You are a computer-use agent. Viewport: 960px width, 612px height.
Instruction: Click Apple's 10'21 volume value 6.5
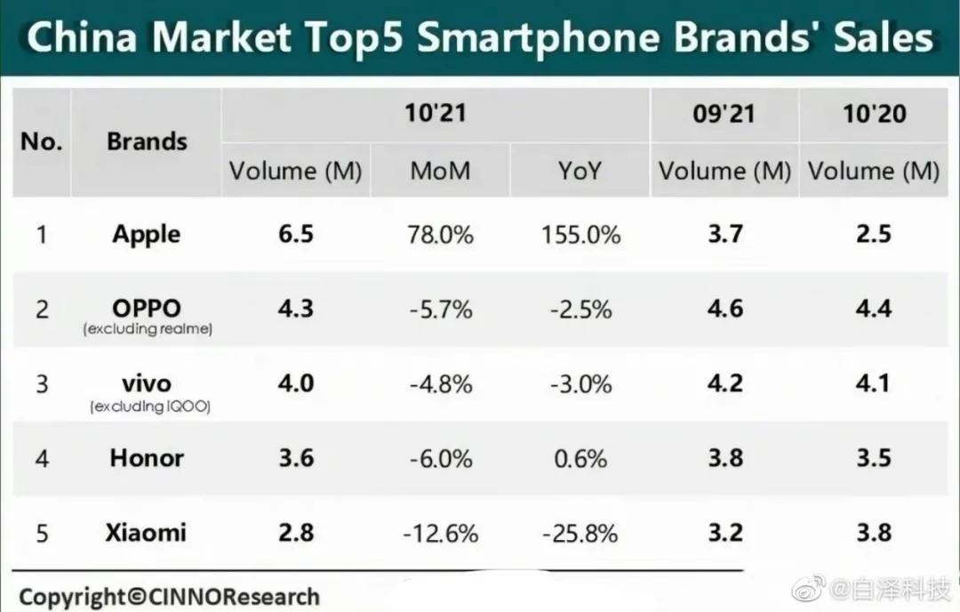coord(296,235)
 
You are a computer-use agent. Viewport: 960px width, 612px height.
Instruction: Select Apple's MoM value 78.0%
coord(441,236)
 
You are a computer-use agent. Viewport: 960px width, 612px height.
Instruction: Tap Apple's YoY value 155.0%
coord(580,236)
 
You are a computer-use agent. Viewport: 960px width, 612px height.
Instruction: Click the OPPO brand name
coord(147,308)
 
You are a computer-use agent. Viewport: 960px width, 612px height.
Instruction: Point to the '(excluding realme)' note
coord(147,330)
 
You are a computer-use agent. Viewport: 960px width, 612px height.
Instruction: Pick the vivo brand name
coord(147,383)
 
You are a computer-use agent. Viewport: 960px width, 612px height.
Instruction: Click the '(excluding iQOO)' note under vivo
coord(147,407)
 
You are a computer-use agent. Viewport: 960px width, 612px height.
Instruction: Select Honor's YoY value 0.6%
coord(580,458)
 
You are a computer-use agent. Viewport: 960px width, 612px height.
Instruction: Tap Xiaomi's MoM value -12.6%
coord(441,533)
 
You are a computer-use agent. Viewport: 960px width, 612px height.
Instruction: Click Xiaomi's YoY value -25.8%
coord(580,533)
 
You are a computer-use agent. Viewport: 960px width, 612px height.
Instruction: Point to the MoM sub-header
coord(441,171)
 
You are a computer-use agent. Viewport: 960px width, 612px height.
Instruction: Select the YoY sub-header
coord(580,171)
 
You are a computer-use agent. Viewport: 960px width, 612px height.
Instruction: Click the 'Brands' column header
coord(147,141)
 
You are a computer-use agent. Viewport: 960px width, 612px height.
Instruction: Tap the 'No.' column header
coord(41,141)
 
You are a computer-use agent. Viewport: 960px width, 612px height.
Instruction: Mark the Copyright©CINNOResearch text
coord(169,595)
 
